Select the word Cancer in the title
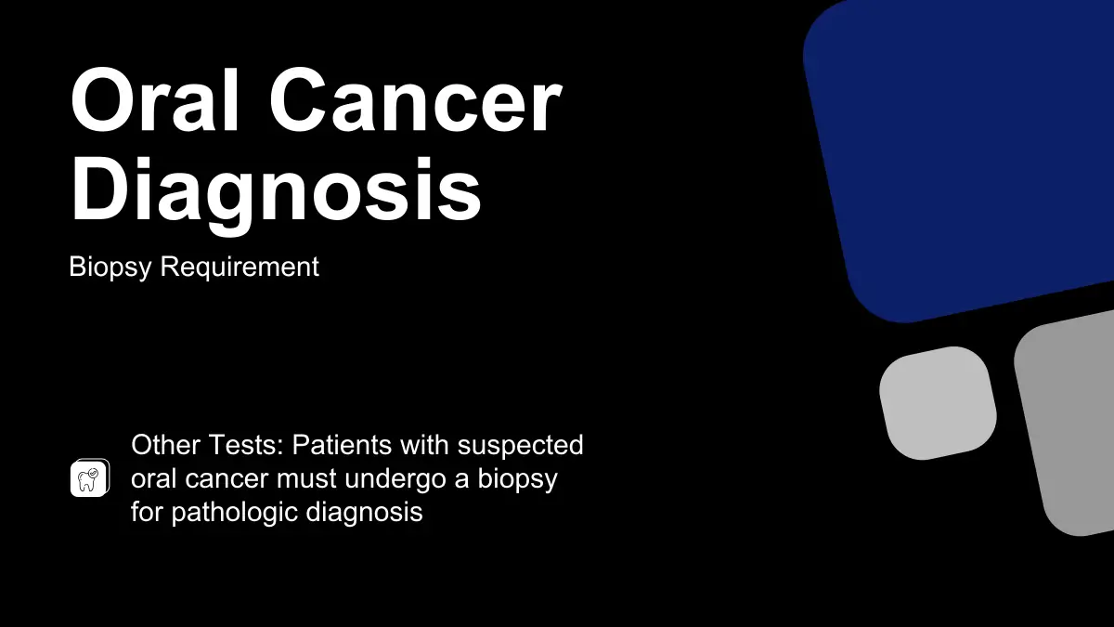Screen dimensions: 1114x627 pyautogui.click(x=416, y=100)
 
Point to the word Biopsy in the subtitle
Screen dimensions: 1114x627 pyautogui.click(x=110, y=268)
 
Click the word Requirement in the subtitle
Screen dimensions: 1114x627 pyautogui.click(x=240, y=267)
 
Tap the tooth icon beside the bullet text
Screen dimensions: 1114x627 pyautogui.click(x=89, y=477)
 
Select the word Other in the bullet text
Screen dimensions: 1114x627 pyautogui.click(x=165, y=444)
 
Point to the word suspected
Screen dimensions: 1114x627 pyautogui.click(x=520, y=445)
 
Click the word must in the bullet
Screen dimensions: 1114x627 pyautogui.click(x=305, y=478)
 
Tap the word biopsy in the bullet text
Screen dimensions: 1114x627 pyautogui.click(x=517, y=479)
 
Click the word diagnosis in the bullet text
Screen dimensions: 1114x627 pyautogui.click(x=364, y=513)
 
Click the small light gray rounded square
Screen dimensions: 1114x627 pyautogui.click(x=938, y=403)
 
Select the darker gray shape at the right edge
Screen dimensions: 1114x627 pyautogui.click(x=1069, y=423)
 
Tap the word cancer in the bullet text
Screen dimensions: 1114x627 pyautogui.click(x=226, y=479)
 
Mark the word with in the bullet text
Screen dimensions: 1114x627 pyautogui.click(x=424, y=444)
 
